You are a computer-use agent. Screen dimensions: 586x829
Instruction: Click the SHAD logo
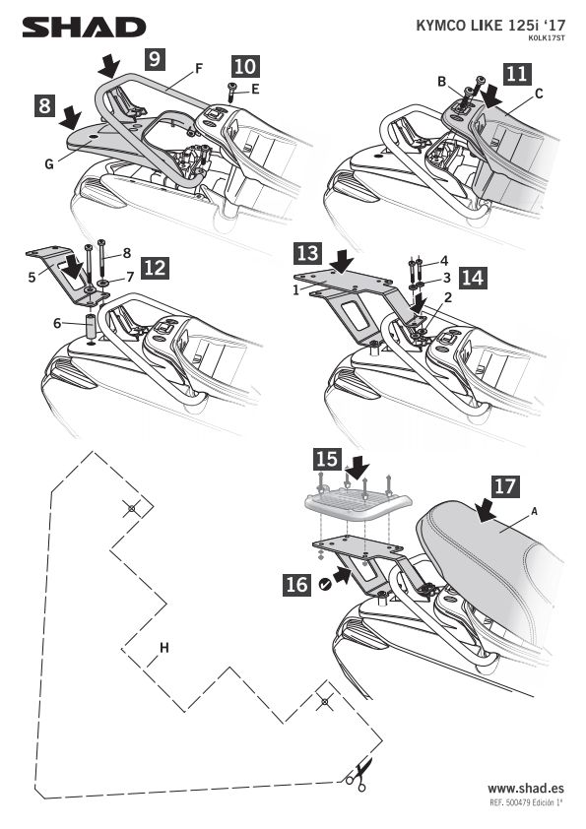click(84, 28)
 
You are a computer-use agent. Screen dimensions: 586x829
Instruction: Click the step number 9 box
click(154, 58)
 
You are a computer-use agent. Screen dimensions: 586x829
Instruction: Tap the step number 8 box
click(44, 104)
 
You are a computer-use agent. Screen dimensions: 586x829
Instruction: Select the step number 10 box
click(245, 66)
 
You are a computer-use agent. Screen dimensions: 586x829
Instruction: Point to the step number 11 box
click(517, 74)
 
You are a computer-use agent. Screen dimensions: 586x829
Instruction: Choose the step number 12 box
click(155, 268)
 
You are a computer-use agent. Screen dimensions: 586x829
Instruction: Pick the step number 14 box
click(473, 277)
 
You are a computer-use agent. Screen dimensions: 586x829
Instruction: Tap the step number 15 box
click(327, 459)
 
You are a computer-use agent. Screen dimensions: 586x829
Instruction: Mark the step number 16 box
click(296, 584)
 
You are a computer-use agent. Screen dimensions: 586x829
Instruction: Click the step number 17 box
click(505, 485)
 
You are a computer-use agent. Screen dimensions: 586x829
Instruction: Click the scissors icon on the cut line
click(358, 774)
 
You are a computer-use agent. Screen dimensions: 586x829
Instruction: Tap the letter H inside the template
click(163, 647)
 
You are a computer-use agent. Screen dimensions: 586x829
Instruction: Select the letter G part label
click(49, 164)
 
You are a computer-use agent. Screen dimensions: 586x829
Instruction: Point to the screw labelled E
click(231, 91)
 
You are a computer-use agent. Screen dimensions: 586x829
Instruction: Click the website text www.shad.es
click(526, 789)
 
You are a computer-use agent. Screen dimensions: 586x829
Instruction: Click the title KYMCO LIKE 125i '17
click(490, 26)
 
